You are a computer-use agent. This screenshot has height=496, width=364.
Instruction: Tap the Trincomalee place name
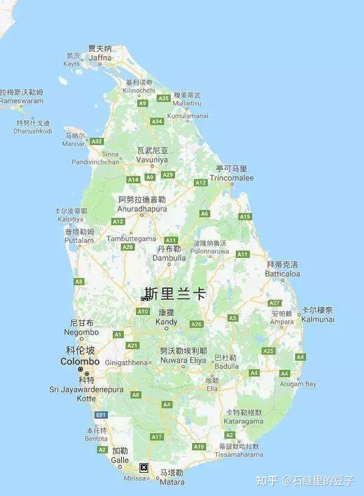231,178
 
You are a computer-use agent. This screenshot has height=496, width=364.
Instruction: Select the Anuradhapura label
142,208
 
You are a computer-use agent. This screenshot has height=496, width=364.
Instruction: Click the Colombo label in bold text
80,361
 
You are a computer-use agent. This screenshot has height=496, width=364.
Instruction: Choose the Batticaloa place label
282,274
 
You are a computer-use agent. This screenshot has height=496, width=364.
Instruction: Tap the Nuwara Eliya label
183,360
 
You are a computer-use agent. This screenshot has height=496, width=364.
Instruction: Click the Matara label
171,481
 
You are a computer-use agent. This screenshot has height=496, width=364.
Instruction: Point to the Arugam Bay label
298,384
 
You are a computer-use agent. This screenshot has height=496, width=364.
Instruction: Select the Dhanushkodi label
33,131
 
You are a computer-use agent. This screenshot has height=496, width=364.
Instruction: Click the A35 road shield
163,98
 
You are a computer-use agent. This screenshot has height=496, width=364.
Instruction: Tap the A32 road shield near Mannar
96,141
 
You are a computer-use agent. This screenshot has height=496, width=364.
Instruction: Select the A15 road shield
245,216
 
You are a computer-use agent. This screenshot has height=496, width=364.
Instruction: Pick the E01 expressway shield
101,415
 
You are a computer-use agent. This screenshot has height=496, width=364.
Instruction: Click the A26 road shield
196,324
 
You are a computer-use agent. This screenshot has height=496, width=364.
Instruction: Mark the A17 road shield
157,436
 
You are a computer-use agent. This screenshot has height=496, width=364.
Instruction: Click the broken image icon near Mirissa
144,467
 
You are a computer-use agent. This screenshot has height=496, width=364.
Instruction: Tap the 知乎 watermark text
266,481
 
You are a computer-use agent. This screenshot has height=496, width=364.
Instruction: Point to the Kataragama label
244,421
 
